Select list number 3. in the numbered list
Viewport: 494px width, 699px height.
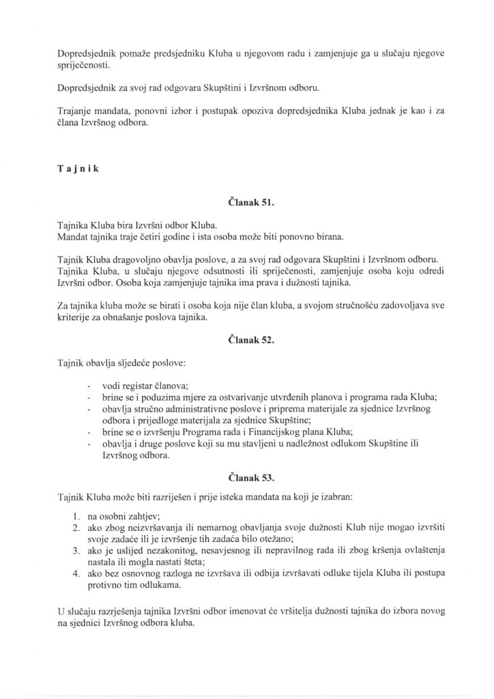coord(76,551)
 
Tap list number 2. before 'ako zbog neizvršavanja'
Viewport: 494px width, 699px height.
coord(76,528)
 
